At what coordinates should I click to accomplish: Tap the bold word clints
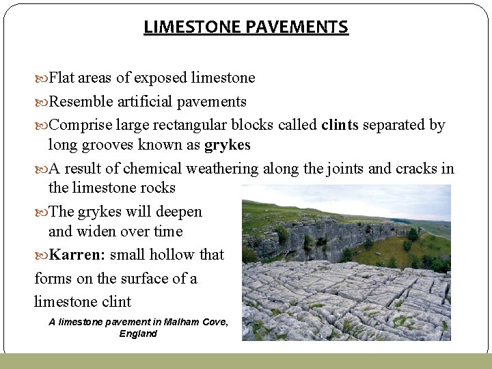[x=340, y=125]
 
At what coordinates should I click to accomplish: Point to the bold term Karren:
[x=77, y=255]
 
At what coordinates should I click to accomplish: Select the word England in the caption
[x=138, y=333]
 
